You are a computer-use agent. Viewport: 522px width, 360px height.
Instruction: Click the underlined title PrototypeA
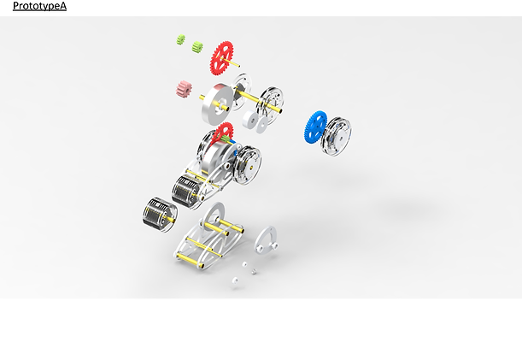[x=39, y=6]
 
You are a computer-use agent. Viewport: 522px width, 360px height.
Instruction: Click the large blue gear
[x=315, y=127]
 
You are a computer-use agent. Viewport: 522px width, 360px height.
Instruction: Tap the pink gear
[x=184, y=89]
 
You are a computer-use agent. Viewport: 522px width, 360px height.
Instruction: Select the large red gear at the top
[x=221, y=58]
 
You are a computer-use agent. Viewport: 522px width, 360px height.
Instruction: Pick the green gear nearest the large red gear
[x=197, y=47]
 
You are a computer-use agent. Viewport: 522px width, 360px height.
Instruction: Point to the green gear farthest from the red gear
[x=181, y=39]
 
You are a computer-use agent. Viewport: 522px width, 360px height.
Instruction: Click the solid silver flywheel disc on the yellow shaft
[x=217, y=104]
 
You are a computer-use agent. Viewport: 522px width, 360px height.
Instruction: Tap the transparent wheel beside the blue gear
[x=336, y=136]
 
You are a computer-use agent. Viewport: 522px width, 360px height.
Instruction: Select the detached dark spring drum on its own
[x=160, y=215]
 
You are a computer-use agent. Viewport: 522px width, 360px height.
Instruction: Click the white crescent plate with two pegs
[x=266, y=239]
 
